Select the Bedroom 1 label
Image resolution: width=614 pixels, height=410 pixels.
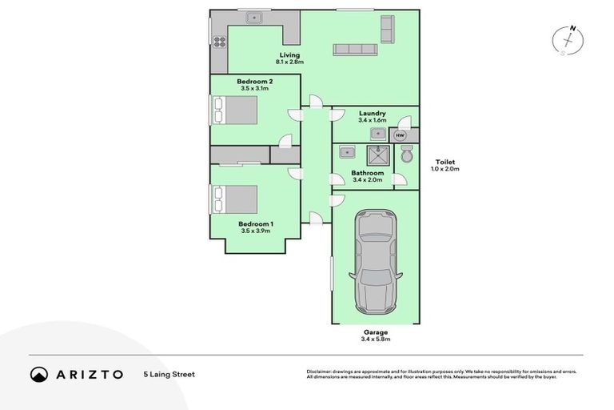tap(256, 223)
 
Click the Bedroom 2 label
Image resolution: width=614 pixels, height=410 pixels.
tap(255, 82)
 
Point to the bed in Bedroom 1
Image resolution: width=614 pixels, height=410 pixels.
tap(235, 199)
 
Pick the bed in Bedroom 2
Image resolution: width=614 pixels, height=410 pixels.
tap(235, 110)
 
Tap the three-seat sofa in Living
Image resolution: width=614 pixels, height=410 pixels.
tap(354, 50)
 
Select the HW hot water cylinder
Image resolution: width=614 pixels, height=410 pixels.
tap(400, 135)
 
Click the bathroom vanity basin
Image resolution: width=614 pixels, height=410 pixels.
tap(347, 152)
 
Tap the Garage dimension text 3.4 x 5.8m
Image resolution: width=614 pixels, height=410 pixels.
tap(375, 340)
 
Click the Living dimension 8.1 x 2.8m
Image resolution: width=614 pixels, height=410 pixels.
tap(289, 62)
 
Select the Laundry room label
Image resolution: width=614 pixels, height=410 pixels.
tap(373, 114)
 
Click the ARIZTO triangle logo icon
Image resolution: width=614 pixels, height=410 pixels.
tap(39, 374)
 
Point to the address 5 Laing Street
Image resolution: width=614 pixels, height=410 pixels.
tap(169, 374)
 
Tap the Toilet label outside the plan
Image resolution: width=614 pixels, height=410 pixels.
tap(445, 162)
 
